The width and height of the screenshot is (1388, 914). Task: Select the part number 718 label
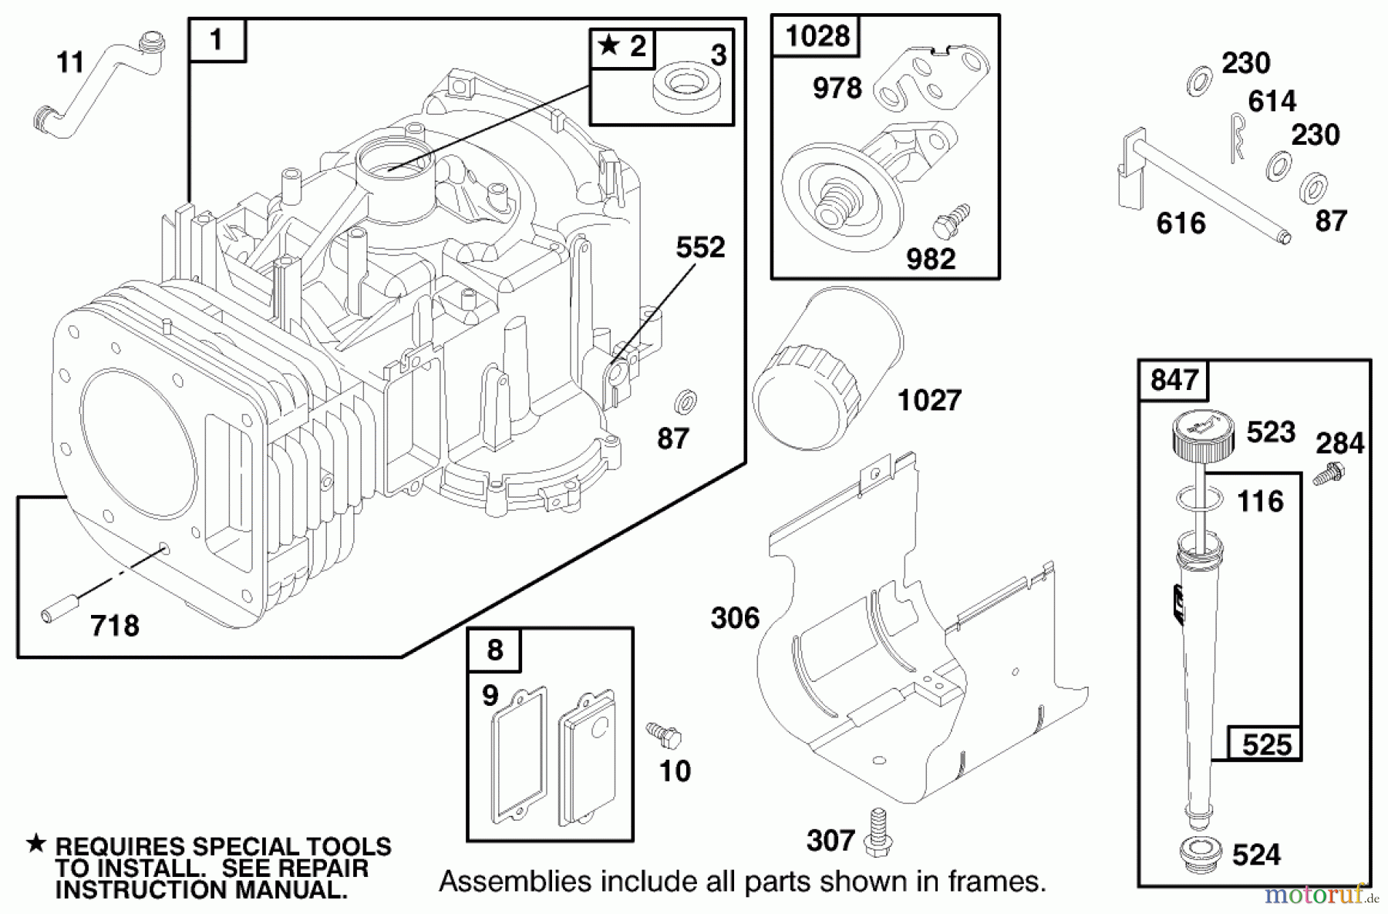[x=115, y=626]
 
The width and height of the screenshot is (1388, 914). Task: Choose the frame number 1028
[x=817, y=35]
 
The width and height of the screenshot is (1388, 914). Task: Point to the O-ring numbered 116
[x=1201, y=499]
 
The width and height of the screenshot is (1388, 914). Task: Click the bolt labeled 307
[x=876, y=832]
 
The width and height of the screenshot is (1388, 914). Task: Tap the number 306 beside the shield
[x=735, y=618]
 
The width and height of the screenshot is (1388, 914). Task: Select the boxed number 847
[x=1174, y=380]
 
